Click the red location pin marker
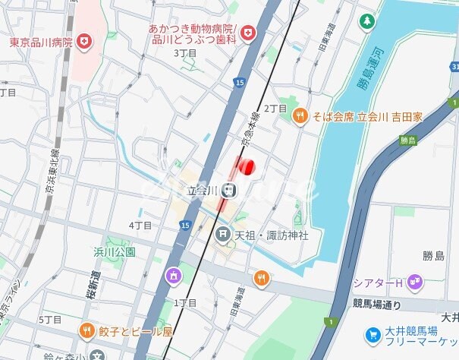pos(246,166)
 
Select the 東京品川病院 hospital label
pos(40,42)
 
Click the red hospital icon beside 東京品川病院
pos(84,41)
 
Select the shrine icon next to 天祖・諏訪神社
pos(223,235)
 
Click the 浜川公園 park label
pos(114,251)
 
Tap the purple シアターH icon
pos(414,283)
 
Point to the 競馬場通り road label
pos(376,305)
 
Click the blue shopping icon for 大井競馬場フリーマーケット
pos(373,334)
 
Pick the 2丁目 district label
pos(275,109)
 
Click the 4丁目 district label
pos(140,226)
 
